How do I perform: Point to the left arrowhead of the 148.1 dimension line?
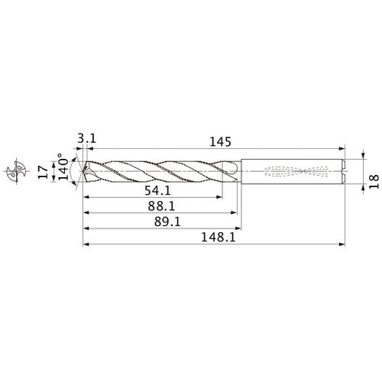(x=85, y=245)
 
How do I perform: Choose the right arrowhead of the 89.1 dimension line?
(x=240, y=228)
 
